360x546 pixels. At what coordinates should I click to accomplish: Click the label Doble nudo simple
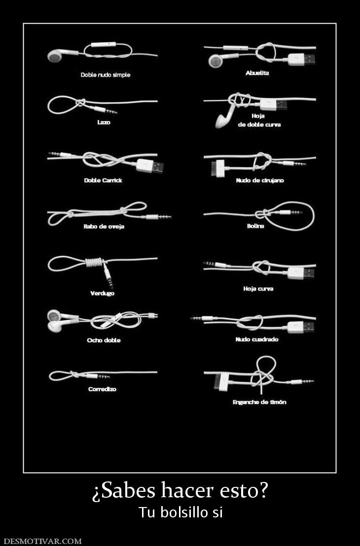pos(105,75)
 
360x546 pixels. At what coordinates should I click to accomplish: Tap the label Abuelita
pos(257,73)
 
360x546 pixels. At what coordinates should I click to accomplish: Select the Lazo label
pos(104,122)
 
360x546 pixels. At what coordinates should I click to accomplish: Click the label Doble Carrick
pos(103,180)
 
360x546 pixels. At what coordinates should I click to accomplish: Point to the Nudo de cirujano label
pos(259,180)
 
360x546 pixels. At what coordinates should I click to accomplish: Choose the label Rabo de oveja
pos(104,226)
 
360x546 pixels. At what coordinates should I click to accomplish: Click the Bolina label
pos(255,226)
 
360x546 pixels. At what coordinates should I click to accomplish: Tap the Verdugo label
pos(102,293)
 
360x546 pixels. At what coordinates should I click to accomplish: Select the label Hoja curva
pos(258,289)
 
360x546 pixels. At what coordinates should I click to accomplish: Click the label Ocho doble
pos(104,340)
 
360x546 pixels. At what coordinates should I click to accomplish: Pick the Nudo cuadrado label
pos(257,339)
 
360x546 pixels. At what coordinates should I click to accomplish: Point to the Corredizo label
pos(102,389)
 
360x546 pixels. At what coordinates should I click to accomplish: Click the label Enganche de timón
pos(259,402)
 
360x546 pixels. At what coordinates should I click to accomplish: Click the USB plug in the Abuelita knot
pos(302,59)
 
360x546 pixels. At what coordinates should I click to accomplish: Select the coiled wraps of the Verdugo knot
pos(94,262)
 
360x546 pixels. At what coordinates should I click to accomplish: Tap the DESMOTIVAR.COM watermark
pos(42,541)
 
